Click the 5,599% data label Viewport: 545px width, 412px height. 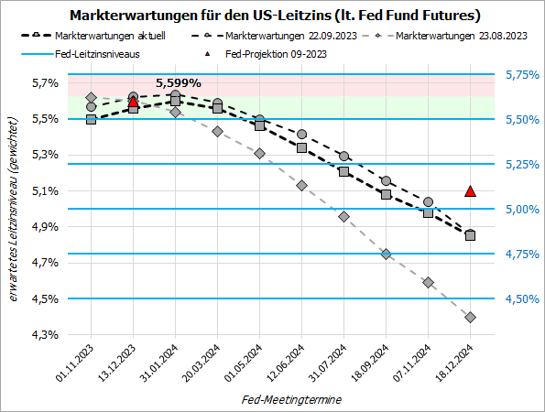click(177, 82)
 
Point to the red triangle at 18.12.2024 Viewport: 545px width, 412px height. click(470, 191)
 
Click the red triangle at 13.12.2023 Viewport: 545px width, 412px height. click(134, 102)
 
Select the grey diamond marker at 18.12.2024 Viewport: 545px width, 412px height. click(470, 317)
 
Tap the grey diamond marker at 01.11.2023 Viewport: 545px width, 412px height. click(91, 97)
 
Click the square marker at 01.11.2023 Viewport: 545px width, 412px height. click(91, 119)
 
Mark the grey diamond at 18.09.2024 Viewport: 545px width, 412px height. click(386, 254)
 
